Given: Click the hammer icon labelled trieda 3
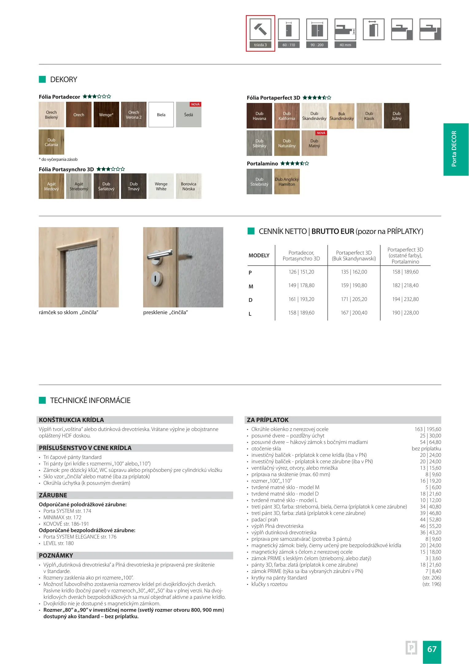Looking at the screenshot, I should point(260,30).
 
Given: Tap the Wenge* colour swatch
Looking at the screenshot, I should point(106,115).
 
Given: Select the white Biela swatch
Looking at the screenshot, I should point(161,115).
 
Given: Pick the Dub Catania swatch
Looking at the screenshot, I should point(51,142).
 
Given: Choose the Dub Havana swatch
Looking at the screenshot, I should point(259,116).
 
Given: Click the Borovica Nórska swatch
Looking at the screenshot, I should point(189,186).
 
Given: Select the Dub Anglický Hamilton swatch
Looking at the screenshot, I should point(287,182).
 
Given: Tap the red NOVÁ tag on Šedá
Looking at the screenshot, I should point(195,105).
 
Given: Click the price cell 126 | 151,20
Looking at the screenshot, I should point(301,272).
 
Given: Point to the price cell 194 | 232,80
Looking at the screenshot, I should point(405,299).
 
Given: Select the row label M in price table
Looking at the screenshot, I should point(251,287).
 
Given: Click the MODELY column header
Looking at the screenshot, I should point(259,255).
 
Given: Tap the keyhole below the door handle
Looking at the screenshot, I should point(155,279).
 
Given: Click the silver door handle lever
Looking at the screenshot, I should point(160,254).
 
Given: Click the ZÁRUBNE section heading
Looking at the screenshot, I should point(53,495).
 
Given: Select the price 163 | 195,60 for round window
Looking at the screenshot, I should point(428,429).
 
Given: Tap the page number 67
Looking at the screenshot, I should point(432,649).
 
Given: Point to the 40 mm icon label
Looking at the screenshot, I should point(345,45).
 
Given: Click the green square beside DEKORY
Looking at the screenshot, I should point(42,79).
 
